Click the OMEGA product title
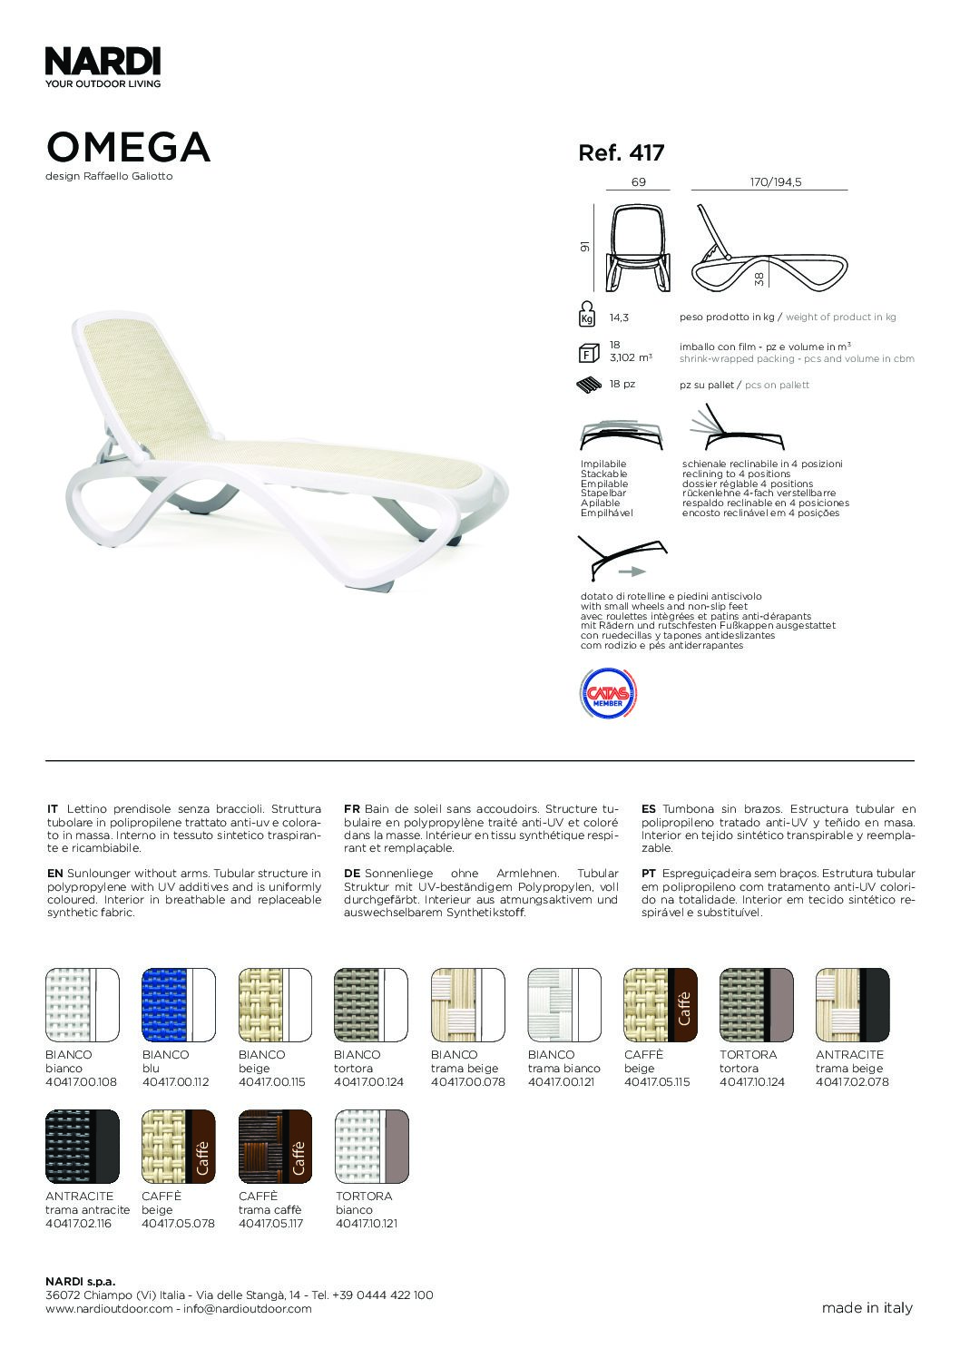click(x=128, y=148)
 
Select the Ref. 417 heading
click(x=622, y=153)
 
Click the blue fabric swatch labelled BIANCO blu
click(x=178, y=1005)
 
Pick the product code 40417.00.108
click(x=82, y=1081)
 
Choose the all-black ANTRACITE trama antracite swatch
click(x=82, y=1147)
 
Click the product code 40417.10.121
click(x=367, y=1223)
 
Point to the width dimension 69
click(x=638, y=182)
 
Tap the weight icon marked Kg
click(x=587, y=315)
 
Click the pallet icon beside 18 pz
click(x=590, y=385)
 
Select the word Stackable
click(x=603, y=474)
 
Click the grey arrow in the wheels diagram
click(x=632, y=572)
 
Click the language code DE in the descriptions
click(x=352, y=873)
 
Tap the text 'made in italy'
click(x=867, y=1307)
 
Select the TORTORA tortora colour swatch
click(x=756, y=1005)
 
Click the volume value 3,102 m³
click(x=631, y=358)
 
